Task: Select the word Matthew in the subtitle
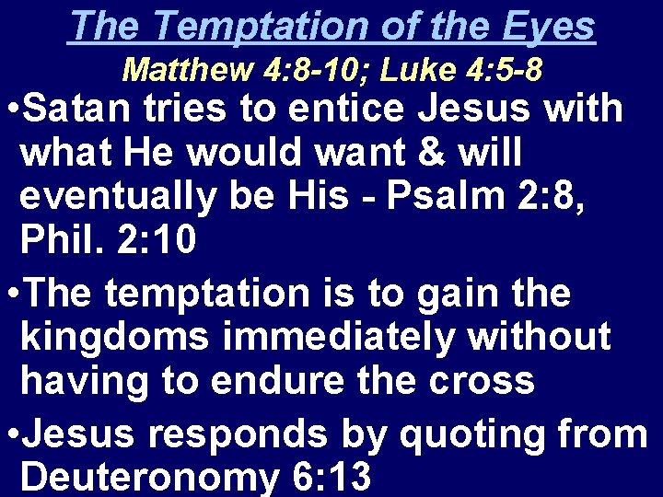[x=172, y=69]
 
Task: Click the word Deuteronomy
[x=136, y=477]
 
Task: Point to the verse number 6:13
[x=318, y=477]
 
